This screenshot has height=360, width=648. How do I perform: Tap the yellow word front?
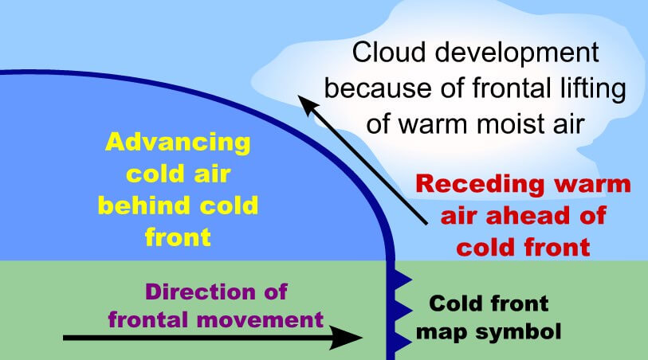[x=178, y=237]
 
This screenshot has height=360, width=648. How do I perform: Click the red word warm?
[x=593, y=185]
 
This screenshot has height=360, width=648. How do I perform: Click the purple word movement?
[x=260, y=320]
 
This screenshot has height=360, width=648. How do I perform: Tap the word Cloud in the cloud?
[x=389, y=53]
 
